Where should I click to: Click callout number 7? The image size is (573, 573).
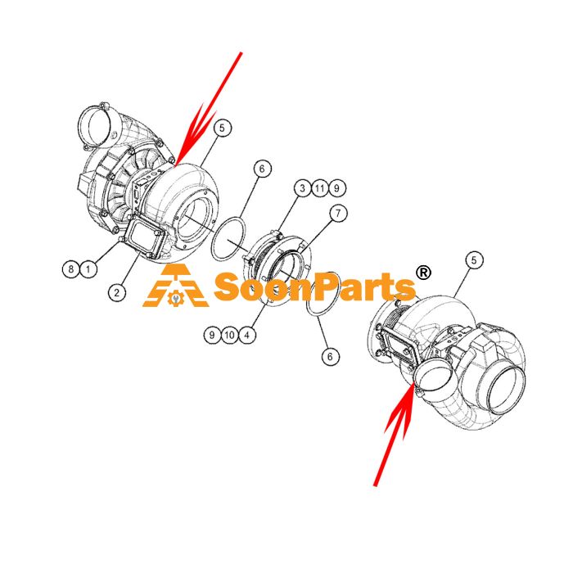pyautogui.click(x=338, y=213)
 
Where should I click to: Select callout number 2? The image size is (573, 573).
pyautogui.click(x=117, y=293)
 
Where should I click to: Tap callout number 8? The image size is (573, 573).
pyautogui.click(x=71, y=269)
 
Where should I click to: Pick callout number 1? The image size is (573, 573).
pyautogui.click(x=88, y=269)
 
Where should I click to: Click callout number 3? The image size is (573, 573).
pyautogui.click(x=303, y=188)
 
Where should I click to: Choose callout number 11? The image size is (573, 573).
pyautogui.click(x=320, y=188)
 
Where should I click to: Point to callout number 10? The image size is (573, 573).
pyautogui.click(x=229, y=335)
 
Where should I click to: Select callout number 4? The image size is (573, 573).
pyautogui.click(x=247, y=335)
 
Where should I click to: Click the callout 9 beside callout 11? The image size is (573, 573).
pyautogui.click(x=337, y=188)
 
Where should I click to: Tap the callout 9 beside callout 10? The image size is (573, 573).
pyautogui.click(x=212, y=335)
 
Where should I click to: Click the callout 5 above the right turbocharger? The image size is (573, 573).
pyautogui.click(x=474, y=260)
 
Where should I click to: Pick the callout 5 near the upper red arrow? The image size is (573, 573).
pyautogui.click(x=223, y=128)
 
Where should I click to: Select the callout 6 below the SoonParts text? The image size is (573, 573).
pyautogui.click(x=331, y=356)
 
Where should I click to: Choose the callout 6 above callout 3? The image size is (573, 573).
pyautogui.click(x=263, y=169)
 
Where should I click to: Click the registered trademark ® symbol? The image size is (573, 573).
pyautogui.click(x=423, y=273)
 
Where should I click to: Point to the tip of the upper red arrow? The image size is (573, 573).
pyautogui.click(x=176, y=165)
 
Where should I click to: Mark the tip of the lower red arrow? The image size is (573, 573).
pyautogui.click(x=413, y=382)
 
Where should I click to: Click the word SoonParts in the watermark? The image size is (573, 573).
pyautogui.click(x=315, y=287)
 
